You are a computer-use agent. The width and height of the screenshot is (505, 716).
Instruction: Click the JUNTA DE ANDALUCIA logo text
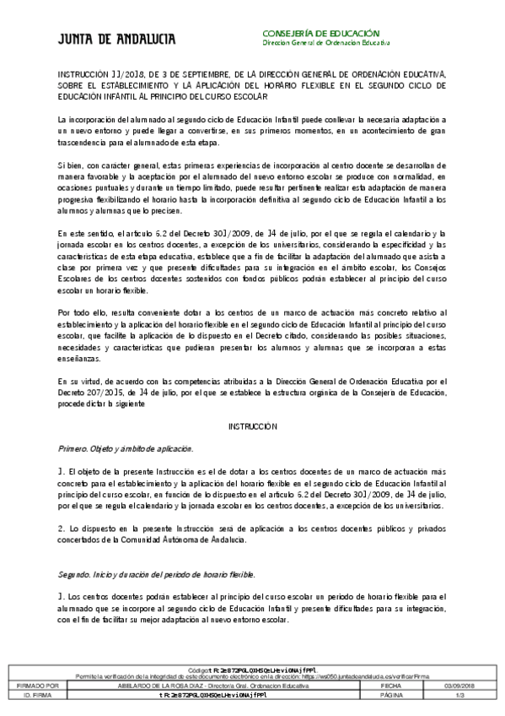pyautogui.click(x=105, y=39)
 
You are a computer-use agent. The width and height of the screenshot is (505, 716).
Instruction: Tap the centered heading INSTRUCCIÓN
pyautogui.click(x=252, y=426)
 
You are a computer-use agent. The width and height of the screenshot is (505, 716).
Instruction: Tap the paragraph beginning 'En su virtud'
pyautogui.click(x=252, y=393)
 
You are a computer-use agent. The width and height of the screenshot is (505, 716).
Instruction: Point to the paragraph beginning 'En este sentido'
pyautogui.click(x=252, y=262)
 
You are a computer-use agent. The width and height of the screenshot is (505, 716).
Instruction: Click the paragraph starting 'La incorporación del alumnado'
pyautogui.click(x=252, y=133)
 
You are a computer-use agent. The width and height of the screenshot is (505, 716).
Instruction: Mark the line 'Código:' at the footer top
pyautogui.click(x=252, y=667)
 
